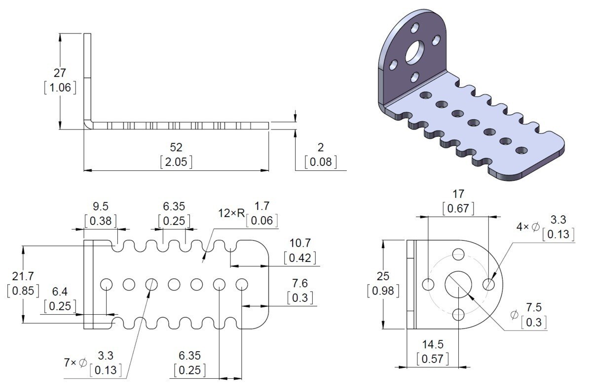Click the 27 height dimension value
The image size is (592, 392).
pyautogui.click(x=60, y=73)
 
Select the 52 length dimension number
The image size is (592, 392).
pyautogui.click(x=176, y=147)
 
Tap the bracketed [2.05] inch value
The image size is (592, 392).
pyautogui.click(x=176, y=162)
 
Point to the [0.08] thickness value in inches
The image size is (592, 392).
pyautogui.click(x=321, y=162)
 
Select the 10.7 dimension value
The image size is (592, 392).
pyautogui.click(x=300, y=243)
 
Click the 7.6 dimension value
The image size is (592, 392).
pyautogui.click(x=300, y=283)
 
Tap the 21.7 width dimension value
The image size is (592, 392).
pyautogui.click(x=23, y=276)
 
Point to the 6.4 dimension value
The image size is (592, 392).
pyautogui.click(x=60, y=292)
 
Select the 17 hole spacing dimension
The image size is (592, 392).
pyautogui.click(x=458, y=194)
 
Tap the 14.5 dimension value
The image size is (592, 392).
pyautogui.click(x=433, y=345)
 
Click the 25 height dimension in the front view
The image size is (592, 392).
pyautogui.click(x=382, y=276)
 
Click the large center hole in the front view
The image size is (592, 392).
pyautogui.click(x=458, y=284)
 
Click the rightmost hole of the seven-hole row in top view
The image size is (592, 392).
pyautogui.click(x=242, y=284)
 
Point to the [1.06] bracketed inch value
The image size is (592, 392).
pyautogui.click(x=60, y=88)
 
